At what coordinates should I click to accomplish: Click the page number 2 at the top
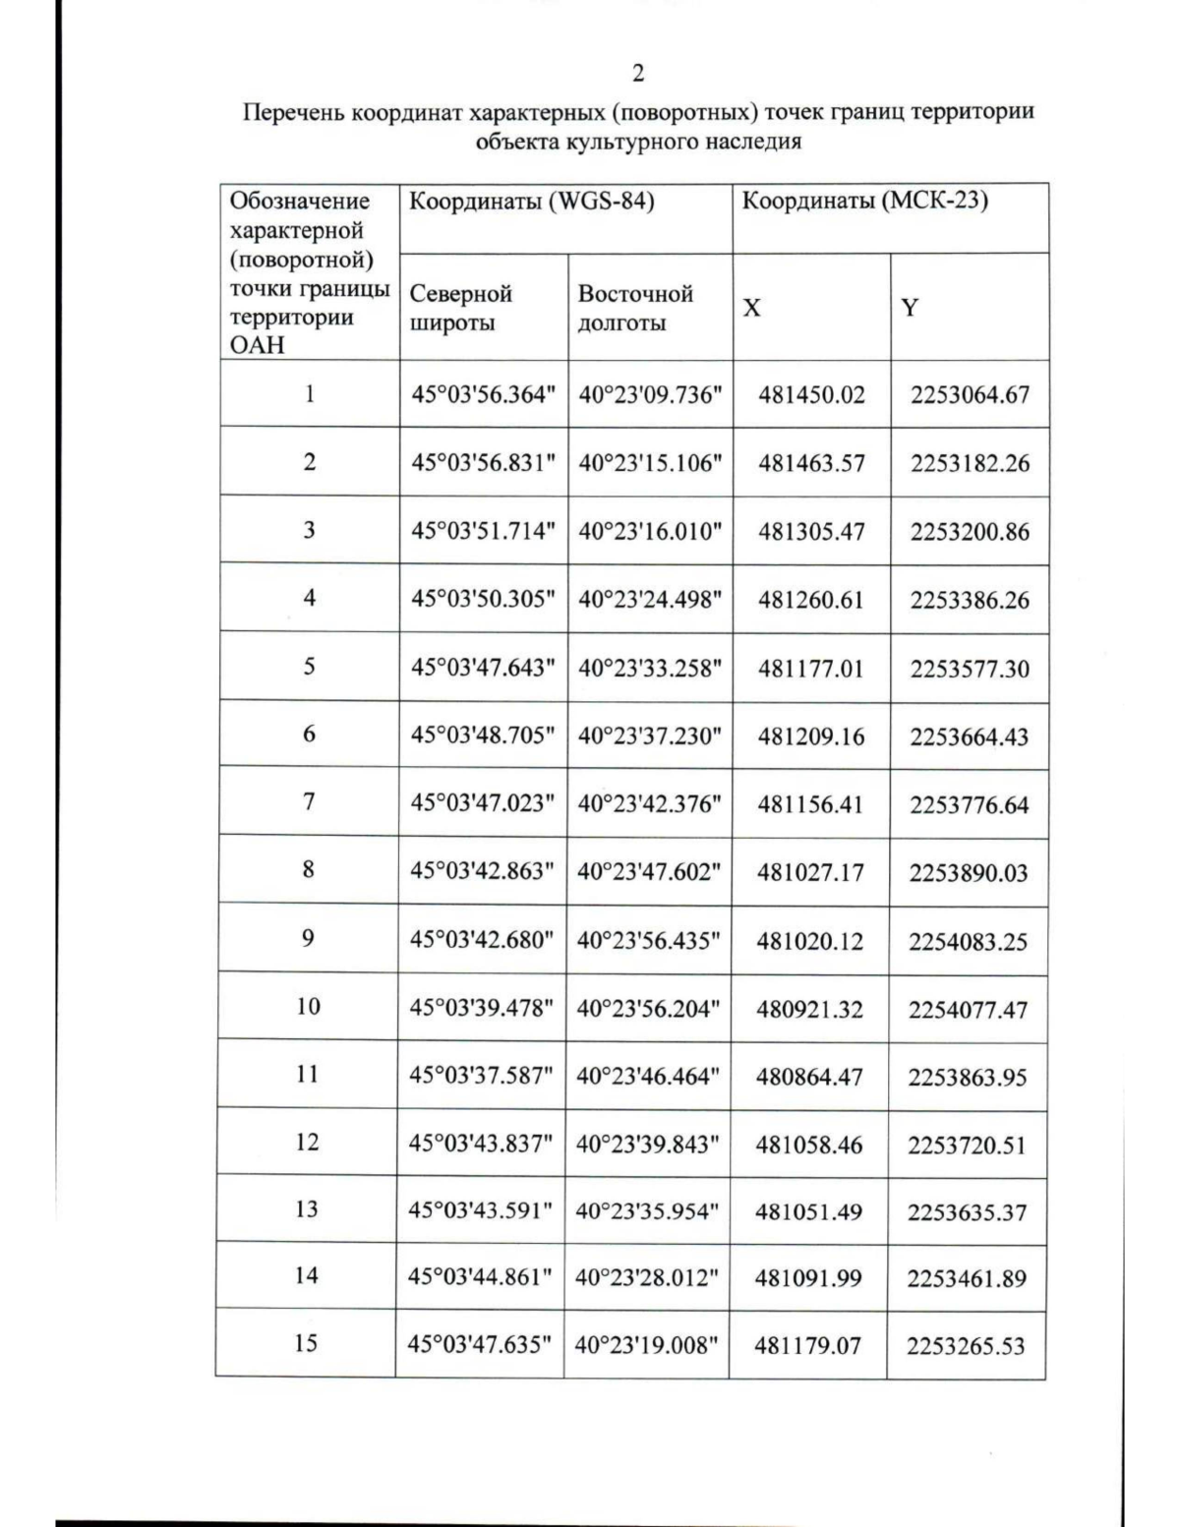pyautogui.click(x=638, y=74)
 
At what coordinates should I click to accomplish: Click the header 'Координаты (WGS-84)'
pyautogui.click(x=531, y=202)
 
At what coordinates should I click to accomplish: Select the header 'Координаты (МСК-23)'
pyautogui.click(x=864, y=202)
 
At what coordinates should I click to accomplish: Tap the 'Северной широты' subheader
pyautogui.click(x=460, y=308)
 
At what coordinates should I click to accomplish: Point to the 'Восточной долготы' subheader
pyautogui.click(x=634, y=308)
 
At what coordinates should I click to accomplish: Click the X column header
pyautogui.click(x=751, y=308)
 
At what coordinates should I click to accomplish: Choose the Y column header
pyautogui.click(x=911, y=308)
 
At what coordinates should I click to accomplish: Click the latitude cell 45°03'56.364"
pyautogui.click(x=483, y=395)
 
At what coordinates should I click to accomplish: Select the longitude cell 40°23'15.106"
pyautogui.click(x=650, y=463)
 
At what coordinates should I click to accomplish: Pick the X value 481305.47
pyautogui.click(x=811, y=532)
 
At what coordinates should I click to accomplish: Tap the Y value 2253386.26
pyautogui.click(x=970, y=600)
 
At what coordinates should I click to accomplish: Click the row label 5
pyautogui.click(x=309, y=667)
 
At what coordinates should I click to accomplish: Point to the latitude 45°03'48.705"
pyautogui.click(x=483, y=735)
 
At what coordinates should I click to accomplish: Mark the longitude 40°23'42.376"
pyautogui.click(x=649, y=804)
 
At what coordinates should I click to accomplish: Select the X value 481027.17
pyautogui.click(x=810, y=872)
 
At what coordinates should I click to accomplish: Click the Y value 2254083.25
pyautogui.click(x=968, y=942)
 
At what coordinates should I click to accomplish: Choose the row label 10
pyautogui.click(x=308, y=1006)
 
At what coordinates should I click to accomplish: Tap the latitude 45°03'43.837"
pyautogui.click(x=481, y=1145)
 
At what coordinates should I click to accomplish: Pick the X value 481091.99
pyautogui.click(x=808, y=1278)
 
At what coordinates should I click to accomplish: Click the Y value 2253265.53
pyautogui.click(x=966, y=1346)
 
